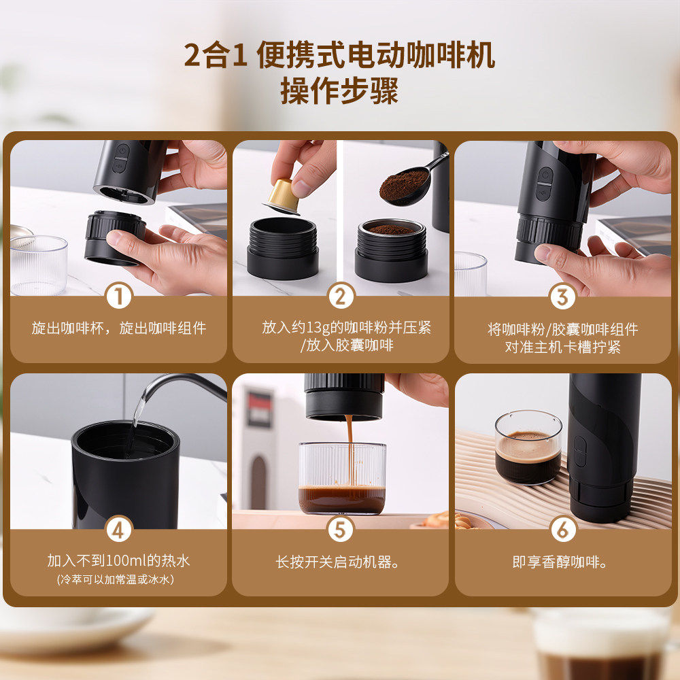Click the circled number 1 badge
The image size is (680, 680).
click(119, 296)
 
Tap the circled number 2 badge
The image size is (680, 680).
click(341, 296)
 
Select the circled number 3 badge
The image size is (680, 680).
click(562, 297)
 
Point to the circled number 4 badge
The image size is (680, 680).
click(118, 529)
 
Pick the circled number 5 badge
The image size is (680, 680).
click(341, 529)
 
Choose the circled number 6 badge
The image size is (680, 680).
click(563, 529)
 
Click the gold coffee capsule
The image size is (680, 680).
click(282, 197)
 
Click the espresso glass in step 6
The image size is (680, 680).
click(528, 447)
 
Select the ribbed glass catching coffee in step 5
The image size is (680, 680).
click(342, 478)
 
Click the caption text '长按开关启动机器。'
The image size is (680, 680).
click(337, 562)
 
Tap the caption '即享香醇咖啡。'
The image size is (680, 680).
click(560, 562)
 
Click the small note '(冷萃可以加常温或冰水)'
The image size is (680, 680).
click(116, 579)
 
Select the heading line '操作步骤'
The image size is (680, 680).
click(339, 90)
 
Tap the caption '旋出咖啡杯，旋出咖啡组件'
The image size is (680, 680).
click(119, 328)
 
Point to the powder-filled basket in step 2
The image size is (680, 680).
click(391, 250)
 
